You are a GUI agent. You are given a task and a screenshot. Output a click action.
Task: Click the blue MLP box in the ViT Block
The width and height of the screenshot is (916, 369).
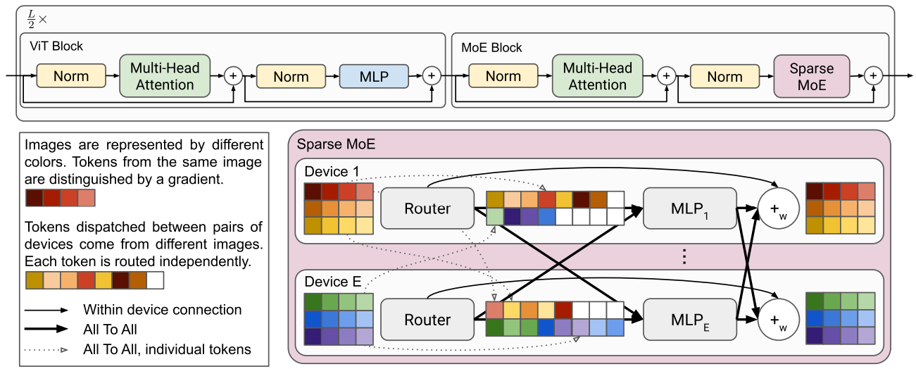click(x=374, y=76)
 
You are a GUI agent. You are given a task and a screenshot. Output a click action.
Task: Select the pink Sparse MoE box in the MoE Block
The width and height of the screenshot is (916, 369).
click(x=811, y=77)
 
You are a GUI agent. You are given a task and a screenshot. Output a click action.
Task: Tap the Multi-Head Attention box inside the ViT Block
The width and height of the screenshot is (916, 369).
click(x=165, y=76)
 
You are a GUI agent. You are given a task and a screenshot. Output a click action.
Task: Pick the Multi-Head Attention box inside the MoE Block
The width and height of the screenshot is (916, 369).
click(x=597, y=76)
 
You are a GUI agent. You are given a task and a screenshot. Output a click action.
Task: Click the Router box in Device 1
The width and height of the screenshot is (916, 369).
click(x=427, y=208)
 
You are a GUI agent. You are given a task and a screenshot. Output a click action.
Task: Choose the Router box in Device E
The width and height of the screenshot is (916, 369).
click(x=427, y=320)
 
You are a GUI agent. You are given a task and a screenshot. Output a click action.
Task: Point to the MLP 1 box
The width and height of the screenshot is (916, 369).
click(x=690, y=208)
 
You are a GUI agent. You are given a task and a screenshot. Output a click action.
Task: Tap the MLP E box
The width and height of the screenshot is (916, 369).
click(x=690, y=320)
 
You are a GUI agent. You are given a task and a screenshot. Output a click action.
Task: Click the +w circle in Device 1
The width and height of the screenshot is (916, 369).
click(x=778, y=208)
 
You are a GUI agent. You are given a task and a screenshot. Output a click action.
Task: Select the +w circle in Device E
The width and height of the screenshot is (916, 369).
click(x=778, y=320)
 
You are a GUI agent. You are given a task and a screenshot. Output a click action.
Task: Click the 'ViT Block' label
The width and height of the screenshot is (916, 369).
click(x=56, y=46)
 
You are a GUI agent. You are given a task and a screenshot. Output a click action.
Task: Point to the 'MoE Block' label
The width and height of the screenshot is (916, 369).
click(x=491, y=48)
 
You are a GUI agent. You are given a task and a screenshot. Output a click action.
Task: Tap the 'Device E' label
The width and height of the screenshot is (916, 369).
click(x=333, y=282)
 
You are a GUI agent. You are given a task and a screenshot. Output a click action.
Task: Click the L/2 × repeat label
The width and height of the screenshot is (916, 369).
click(x=37, y=19)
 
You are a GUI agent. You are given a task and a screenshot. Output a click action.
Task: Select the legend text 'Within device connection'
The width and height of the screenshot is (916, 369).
click(x=163, y=310)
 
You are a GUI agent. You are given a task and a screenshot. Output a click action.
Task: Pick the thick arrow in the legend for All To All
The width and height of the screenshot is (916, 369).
click(x=46, y=329)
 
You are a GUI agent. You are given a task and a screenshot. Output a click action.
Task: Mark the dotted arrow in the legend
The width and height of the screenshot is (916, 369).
click(x=46, y=350)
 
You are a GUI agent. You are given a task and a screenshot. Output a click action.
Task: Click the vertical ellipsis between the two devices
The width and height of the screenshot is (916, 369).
click(x=684, y=257)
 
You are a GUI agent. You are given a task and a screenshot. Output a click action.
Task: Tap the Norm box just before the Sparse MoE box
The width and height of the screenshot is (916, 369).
click(x=724, y=77)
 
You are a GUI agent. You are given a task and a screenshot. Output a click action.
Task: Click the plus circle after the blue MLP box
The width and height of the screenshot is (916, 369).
click(x=432, y=75)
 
